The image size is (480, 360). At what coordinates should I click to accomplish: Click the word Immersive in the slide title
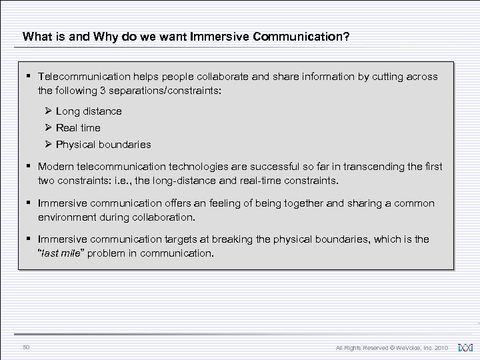pyautogui.click(x=220, y=37)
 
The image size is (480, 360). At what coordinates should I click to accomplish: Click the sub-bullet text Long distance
pyautogui.click(x=89, y=111)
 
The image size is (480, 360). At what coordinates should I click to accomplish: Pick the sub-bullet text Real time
pyautogui.click(x=78, y=127)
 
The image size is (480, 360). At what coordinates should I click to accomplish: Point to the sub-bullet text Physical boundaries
pyautogui.click(x=103, y=144)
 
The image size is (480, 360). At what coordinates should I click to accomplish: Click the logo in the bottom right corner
pyautogui.click(x=465, y=347)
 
